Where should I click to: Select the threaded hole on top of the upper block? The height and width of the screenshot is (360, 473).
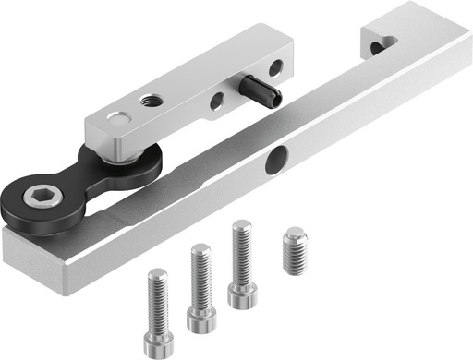point(149,99)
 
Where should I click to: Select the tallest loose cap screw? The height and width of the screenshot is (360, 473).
point(242,264)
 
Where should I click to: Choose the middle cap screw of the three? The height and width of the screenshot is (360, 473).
point(200,286)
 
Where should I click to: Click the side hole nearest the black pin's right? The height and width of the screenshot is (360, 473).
point(274,67)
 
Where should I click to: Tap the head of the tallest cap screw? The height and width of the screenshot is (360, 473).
point(243,297)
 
